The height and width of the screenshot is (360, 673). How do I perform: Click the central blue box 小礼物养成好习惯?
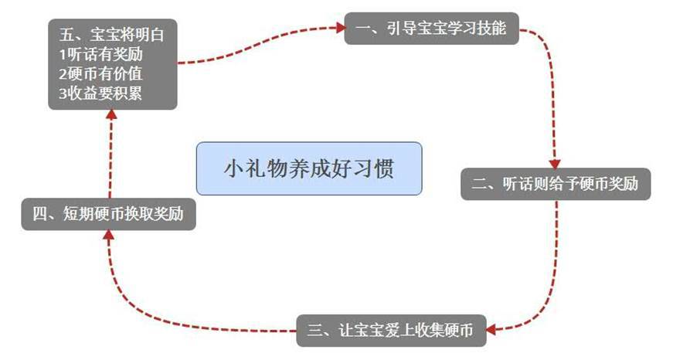[309, 168]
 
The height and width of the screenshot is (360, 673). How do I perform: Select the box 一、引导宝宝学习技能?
[431, 29]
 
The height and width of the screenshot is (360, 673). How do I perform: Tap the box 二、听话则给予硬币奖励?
[555, 185]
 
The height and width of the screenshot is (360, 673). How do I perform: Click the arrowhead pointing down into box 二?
[554, 163]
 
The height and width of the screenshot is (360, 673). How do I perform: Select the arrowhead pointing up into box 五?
[110, 115]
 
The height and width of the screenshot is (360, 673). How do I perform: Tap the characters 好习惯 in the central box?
[365, 168]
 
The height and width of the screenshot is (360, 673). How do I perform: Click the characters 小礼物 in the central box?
[253, 168]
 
